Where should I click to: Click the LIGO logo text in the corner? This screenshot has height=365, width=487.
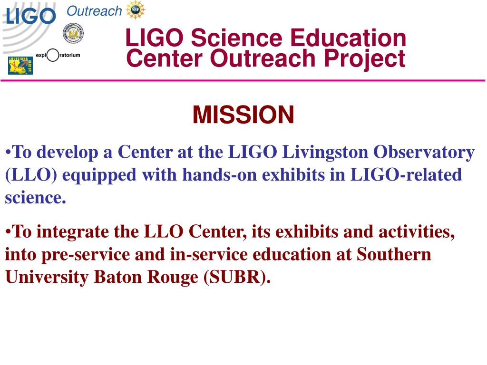click(30, 17)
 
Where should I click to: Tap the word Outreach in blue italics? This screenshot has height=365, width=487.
click(94, 11)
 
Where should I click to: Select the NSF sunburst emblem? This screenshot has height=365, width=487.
click(136, 10)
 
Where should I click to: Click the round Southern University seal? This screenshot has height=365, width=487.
click(73, 33)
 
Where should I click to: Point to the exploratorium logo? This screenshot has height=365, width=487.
click(58, 55)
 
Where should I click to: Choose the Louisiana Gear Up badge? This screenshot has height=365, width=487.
click(20, 65)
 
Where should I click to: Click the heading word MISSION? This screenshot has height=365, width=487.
click(243, 115)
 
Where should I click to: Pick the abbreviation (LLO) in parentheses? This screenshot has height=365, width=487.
click(31, 175)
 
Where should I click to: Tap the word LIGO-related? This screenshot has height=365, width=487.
click(406, 175)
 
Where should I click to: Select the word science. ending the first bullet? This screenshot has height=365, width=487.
click(35, 198)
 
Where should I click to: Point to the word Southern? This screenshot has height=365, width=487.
click(394, 255)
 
